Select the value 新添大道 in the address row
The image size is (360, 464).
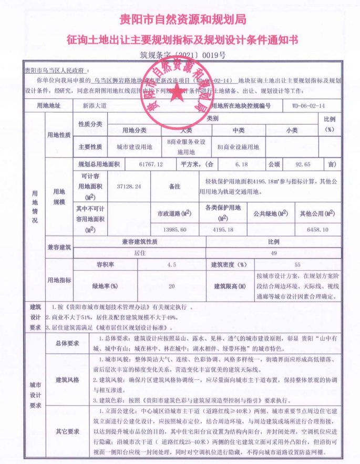click(x=95, y=106)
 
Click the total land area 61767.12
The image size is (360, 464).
click(x=151, y=164)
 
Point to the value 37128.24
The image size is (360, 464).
click(x=129, y=187)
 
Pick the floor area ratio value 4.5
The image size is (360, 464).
click(x=171, y=265)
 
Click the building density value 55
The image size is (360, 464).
click(x=297, y=265)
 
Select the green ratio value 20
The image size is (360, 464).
click(x=171, y=286)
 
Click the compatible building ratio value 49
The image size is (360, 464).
click(x=273, y=253)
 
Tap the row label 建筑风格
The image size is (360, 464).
click(x=67, y=379)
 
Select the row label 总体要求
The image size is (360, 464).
click(x=67, y=344)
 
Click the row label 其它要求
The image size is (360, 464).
click(x=67, y=431)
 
